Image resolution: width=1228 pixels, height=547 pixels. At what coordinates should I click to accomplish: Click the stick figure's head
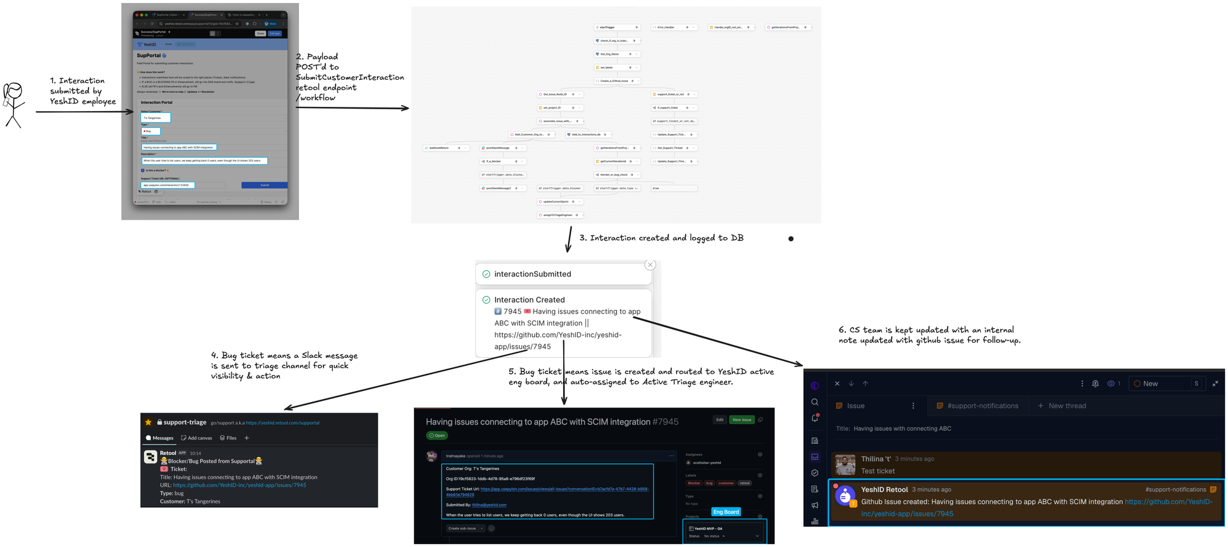[14, 91]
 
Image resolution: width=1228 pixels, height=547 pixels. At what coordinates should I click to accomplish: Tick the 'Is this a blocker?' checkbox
[143, 171]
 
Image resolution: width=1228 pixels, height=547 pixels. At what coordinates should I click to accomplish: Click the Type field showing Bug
[150, 131]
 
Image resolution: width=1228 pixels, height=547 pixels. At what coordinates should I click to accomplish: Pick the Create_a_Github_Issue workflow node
[616, 81]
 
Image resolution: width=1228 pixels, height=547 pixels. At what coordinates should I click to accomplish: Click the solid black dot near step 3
[791, 239]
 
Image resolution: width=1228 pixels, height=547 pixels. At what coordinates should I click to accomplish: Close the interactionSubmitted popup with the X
[650, 265]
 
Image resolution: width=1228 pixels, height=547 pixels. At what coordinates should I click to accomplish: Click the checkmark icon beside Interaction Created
[486, 300]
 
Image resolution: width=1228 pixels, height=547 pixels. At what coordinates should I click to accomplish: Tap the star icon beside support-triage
[148, 422]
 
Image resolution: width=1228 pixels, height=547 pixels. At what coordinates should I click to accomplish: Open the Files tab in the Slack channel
[228, 438]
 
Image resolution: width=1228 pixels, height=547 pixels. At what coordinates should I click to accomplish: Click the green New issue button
[742, 420]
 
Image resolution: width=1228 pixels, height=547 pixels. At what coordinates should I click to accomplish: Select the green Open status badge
[437, 436]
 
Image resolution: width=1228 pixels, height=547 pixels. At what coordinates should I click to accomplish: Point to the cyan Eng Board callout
[726, 512]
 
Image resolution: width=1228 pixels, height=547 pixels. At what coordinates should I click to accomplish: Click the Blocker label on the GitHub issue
[694, 483]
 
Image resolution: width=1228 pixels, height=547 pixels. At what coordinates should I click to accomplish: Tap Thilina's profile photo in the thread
[845, 465]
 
